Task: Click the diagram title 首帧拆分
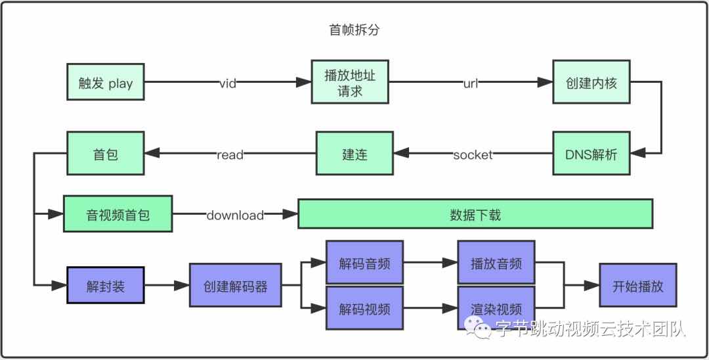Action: click(x=354, y=30)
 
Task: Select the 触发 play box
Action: click(x=105, y=83)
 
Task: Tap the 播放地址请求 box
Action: click(x=350, y=82)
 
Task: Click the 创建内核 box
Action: click(x=591, y=83)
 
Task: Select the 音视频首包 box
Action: click(x=118, y=214)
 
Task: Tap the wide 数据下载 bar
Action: click(x=475, y=214)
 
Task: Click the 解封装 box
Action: click(x=105, y=286)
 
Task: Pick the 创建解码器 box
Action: click(x=235, y=286)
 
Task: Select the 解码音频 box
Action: click(x=364, y=263)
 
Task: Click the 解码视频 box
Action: click(x=364, y=308)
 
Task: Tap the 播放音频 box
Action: click(x=496, y=263)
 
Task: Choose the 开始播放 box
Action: click(x=637, y=286)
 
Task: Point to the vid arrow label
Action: click(x=228, y=83)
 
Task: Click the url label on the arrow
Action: click(x=471, y=83)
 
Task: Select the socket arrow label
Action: click(x=473, y=155)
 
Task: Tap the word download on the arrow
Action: click(x=235, y=215)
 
